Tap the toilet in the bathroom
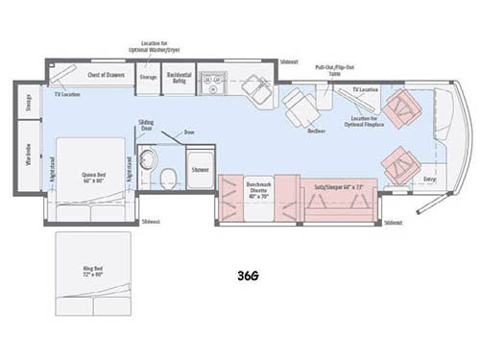tap(166, 176)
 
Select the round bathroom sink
tap(147, 159)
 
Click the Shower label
tap(200, 169)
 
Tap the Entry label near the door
tap(429, 179)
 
